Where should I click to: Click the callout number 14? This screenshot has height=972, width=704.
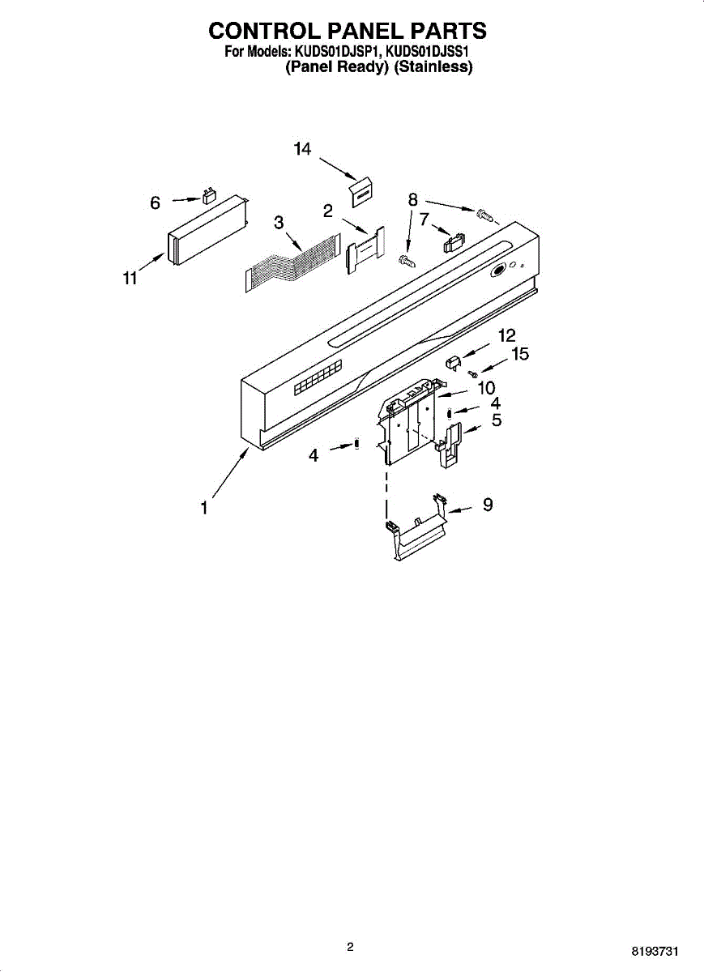pos(302,149)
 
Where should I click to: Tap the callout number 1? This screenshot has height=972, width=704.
pos(205,508)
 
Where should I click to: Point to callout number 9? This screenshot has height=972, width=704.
pos(488,505)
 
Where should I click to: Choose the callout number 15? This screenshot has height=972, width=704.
pos(519,354)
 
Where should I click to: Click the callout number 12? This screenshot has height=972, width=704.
pos(506,335)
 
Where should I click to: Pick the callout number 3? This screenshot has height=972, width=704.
pos(278,223)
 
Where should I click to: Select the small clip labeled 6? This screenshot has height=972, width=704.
pos(209,196)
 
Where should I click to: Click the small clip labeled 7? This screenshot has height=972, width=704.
pos(452,242)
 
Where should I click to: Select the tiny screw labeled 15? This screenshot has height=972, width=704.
pos(472,373)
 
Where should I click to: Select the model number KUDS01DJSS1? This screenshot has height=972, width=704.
pos(429,53)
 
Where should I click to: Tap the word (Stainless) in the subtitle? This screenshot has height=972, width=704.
pos(433,68)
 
